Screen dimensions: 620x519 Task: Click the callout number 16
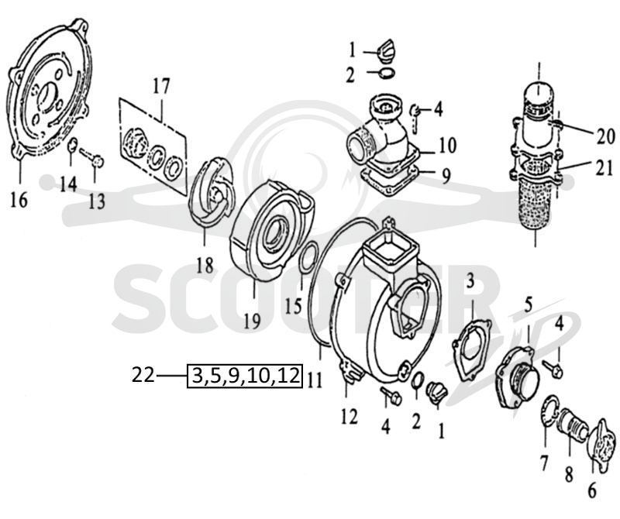pos(19,200)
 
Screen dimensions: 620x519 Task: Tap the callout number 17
pos(161,87)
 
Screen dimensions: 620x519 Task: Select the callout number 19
pos(253,320)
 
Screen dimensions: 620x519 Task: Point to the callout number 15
pos(294,305)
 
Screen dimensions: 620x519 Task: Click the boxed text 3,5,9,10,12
pos(245,375)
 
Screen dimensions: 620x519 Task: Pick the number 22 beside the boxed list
pos(143,375)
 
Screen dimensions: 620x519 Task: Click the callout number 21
pos(603,169)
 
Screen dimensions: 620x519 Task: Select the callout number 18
pos(205,265)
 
